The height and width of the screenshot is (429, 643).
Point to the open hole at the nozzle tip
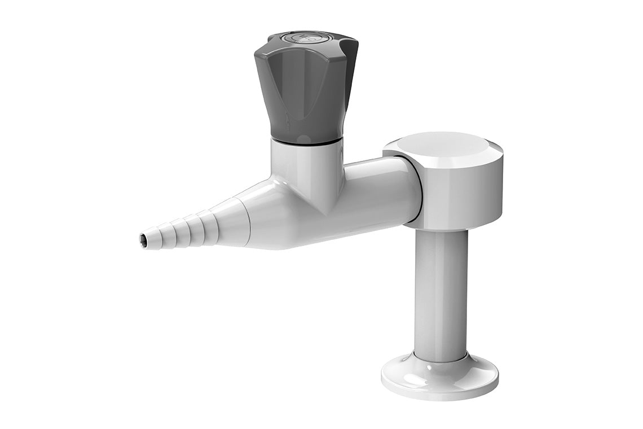click(143, 240)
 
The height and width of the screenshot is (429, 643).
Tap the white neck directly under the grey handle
click(306, 164)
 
